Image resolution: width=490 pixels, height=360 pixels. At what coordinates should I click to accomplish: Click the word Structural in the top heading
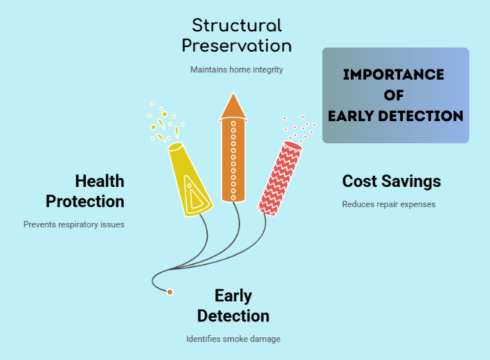[237, 26]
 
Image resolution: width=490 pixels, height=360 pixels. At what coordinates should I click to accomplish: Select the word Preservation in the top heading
[237, 46]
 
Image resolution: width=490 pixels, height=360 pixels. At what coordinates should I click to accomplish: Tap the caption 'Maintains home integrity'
[237, 69]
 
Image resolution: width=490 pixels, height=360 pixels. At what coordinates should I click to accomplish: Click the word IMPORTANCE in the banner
[394, 75]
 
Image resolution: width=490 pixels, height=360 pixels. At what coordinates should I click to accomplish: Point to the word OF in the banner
[394, 96]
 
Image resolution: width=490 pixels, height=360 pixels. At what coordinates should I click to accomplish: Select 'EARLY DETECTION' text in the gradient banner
[395, 116]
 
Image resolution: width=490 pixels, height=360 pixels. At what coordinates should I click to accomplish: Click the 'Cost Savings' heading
[391, 181]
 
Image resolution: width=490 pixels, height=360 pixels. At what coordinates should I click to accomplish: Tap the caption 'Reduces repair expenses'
[388, 204]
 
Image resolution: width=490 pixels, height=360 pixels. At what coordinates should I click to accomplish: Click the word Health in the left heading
[100, 181]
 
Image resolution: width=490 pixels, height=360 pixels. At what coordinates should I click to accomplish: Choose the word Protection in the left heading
[85, 201]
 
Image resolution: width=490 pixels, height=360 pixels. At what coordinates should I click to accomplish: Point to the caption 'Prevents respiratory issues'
[74, 224]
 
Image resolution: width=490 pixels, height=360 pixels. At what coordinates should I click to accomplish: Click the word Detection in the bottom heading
[233, 316]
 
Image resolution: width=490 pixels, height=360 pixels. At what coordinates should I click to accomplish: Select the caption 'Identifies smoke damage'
[233, 339]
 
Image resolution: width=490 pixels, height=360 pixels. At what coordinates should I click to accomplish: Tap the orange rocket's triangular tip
[233, 105]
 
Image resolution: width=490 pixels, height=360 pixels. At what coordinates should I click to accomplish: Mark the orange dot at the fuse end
[170, 292]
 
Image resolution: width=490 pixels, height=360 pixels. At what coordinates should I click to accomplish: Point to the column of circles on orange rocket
[233, 160]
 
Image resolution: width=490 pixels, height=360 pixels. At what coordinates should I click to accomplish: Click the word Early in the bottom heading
[233, 296]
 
